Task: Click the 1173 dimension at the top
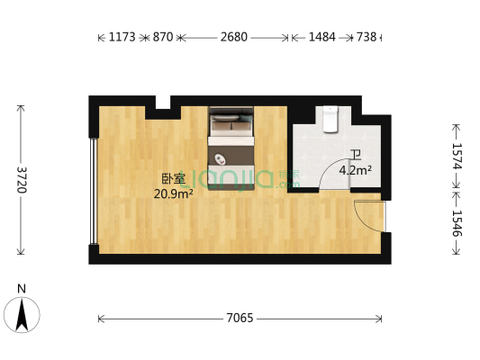(121, 38)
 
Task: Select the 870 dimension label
(162, 38)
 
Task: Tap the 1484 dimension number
(322, 38)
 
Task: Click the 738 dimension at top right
(367, 38)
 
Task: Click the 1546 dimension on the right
(457, 223)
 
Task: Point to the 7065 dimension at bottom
(239, 318)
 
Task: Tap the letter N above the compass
(22, 289)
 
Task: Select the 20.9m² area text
(173, 193)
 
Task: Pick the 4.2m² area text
(356, 169)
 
